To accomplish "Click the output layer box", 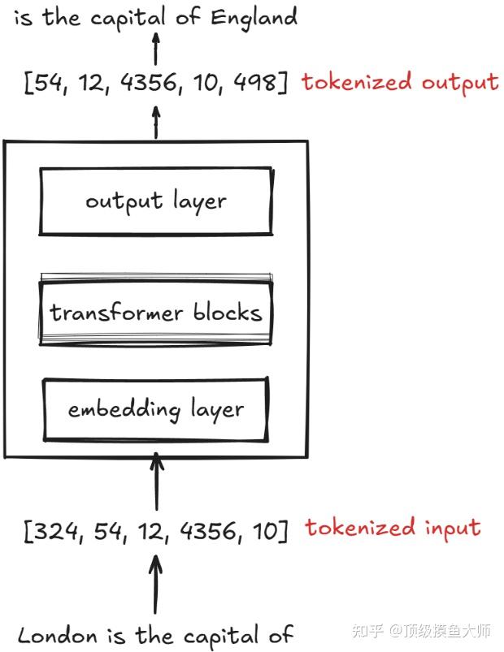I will (x=155, y=201).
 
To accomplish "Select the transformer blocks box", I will (x=155, y=313).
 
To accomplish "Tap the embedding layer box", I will (x=155, y=409).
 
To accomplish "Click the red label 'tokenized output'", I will (x=399, y=82).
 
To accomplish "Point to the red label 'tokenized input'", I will (x=393, y=528).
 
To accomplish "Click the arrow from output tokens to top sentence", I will (x=156, y=49).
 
